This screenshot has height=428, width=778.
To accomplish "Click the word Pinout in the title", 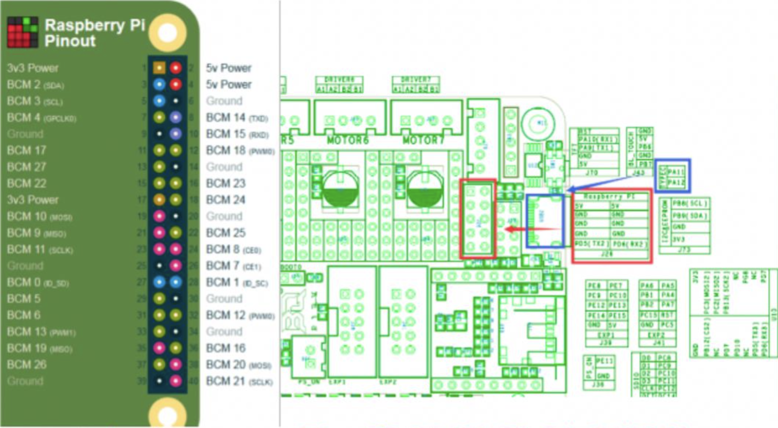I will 70,41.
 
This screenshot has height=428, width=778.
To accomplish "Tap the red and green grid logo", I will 23,32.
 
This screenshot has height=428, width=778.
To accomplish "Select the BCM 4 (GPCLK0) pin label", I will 41,118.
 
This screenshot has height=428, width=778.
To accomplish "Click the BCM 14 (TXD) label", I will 237,118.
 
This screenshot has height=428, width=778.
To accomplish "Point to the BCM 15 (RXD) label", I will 237,134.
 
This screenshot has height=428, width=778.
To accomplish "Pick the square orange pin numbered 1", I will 159,67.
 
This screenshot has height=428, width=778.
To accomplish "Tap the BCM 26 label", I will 27,365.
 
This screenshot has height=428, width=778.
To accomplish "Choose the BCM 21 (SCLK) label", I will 239,381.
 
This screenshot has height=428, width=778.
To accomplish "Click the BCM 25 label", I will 226,233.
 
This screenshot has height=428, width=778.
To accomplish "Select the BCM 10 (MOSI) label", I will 39,216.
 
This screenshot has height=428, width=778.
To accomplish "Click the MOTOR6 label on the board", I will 347,141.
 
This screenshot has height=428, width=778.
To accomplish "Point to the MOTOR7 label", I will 423,141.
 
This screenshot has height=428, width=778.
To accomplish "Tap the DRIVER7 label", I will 416,79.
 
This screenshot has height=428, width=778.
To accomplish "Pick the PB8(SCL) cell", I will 690,204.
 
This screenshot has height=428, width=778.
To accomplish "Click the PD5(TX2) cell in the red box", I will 592,244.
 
